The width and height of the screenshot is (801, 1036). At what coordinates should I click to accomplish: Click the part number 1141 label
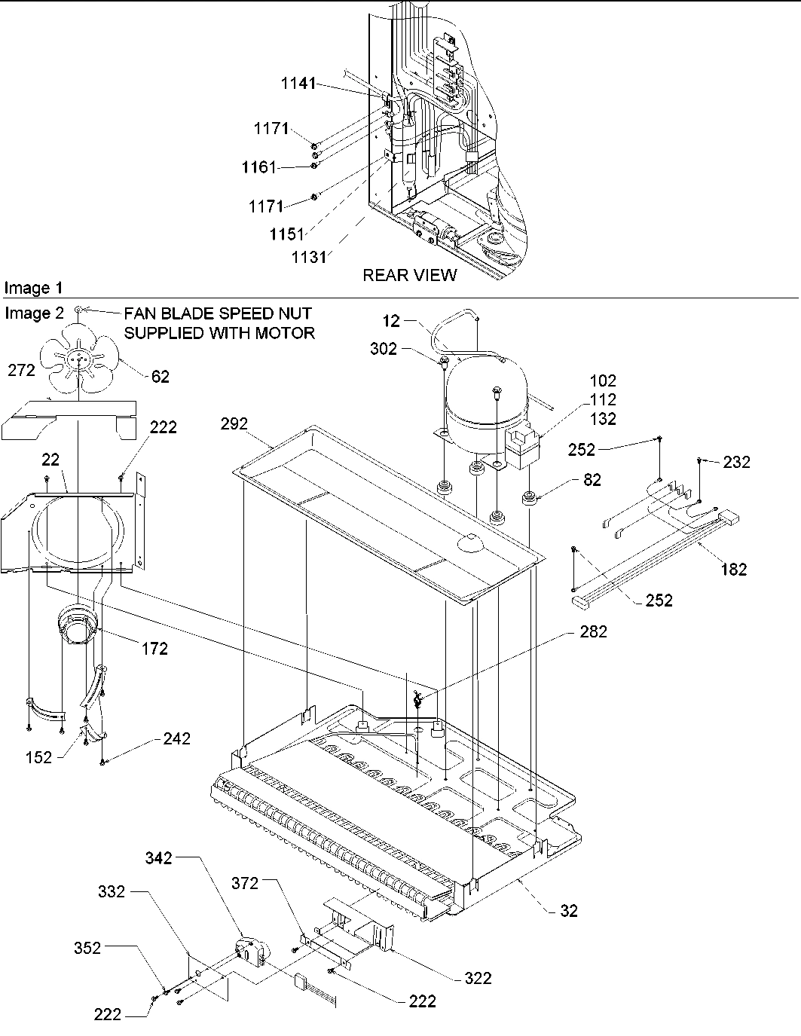(x=298, y=84)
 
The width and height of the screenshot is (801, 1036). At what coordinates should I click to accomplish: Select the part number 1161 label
(x=260, y=167)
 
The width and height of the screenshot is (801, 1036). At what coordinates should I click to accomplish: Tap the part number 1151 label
(x=288, y=234)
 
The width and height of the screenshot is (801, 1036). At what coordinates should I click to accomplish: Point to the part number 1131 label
(x=310, y=257)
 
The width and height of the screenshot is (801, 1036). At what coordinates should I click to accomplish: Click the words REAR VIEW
(x=409, y=275)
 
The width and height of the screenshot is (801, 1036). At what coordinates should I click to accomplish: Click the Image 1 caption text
(x=34, y=288)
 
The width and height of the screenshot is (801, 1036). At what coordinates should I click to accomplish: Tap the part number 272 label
(x=21, y=370)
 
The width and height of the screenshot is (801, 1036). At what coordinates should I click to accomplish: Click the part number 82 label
(x=592, y=479)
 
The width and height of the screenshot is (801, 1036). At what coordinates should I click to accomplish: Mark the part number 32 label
(x=569, y=910)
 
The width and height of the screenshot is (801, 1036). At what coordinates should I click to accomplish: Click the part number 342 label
(x=159, y=857)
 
